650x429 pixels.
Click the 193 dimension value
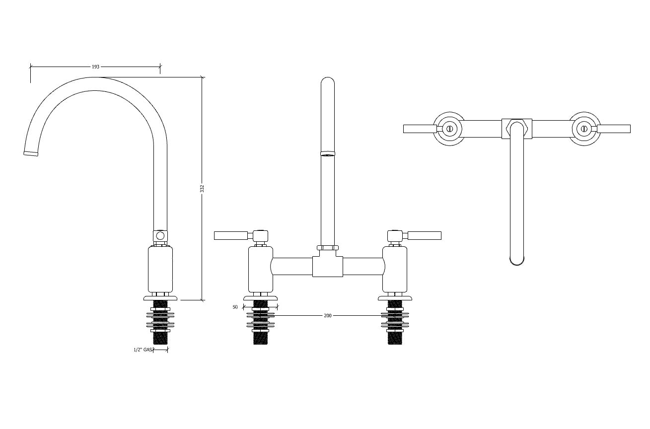(x=95, y=67)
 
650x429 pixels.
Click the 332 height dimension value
(x=202, y=189)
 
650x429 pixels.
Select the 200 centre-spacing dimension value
(x=328, y=316)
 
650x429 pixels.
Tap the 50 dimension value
(x=235, y=307)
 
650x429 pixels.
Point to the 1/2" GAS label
(x=143, y=350)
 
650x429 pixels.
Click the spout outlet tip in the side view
(x=30, y=153)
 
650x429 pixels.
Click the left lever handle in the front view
(x=231, y=235)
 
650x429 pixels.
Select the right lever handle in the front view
(x=425, y=235)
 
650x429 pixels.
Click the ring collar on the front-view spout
(x=328, y=153)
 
